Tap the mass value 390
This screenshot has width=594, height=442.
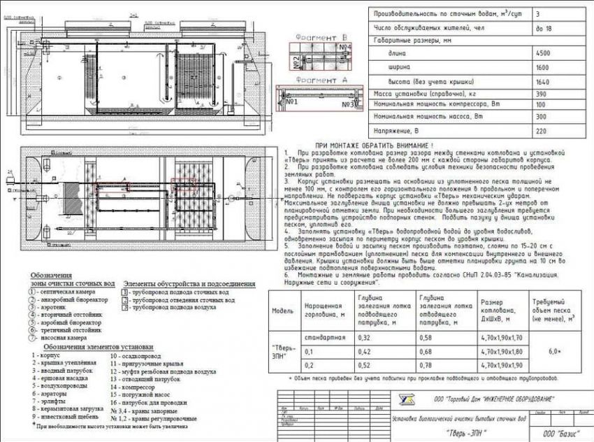click(542, 93)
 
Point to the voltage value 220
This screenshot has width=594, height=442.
click(542, 131)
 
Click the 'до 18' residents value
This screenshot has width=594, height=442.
click(542, 29)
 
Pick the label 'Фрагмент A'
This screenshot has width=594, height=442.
click(321, 80)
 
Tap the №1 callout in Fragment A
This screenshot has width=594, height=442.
click(292, 102)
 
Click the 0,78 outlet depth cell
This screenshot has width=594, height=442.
click(427, 364)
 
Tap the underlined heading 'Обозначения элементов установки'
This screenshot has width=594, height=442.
click(97, 347)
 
